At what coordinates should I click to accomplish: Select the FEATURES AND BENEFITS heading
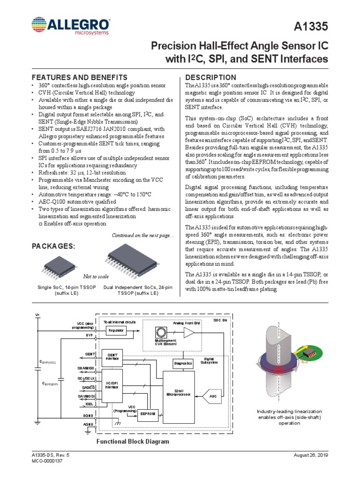(x=69, y=77)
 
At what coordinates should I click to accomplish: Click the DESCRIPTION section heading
(x=211, y=77)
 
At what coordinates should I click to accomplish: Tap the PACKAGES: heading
(x=52, y=246)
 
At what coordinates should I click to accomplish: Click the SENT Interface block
(x=112, y=357)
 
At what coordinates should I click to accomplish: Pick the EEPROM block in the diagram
(x=147, y=413)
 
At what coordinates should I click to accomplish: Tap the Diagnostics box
(x=183, y=363)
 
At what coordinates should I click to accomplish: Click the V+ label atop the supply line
(x=37, y=315)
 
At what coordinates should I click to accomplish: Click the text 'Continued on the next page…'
(x=142, y=235)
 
